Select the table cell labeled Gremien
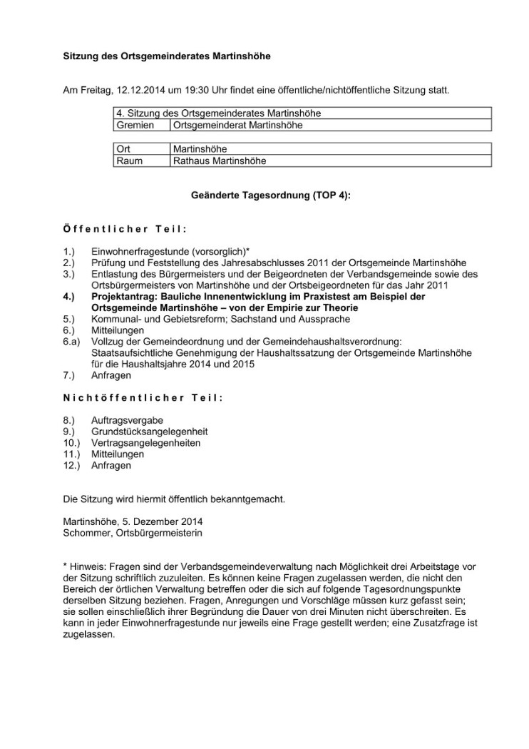click(135, 126)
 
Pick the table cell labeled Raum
click(129, 161)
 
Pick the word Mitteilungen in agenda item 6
click(118, 330)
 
